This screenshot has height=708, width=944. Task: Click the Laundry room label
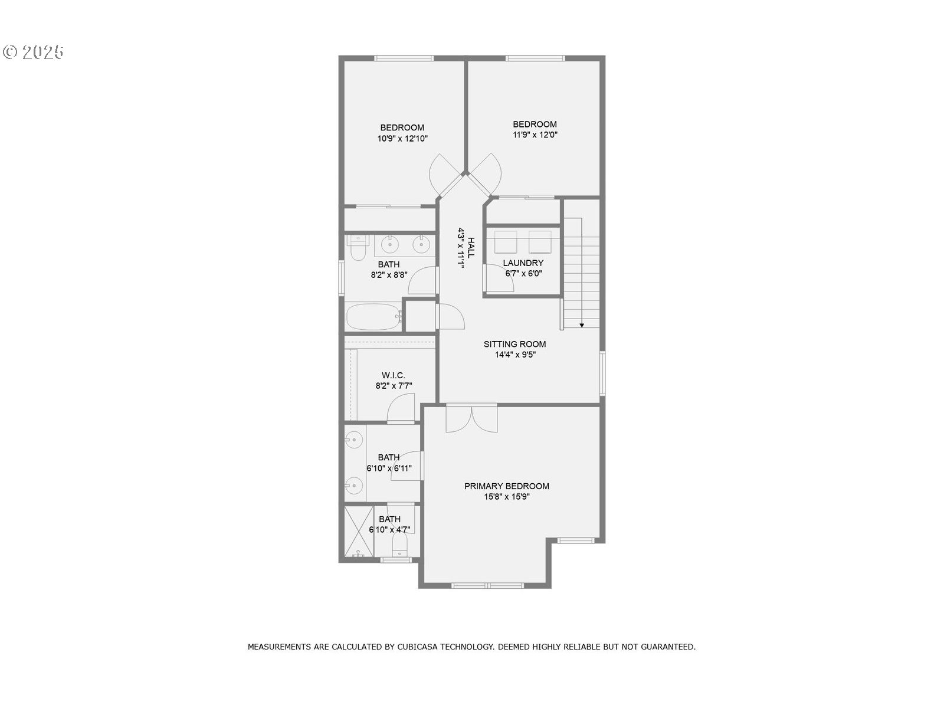523,263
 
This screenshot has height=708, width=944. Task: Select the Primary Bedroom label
506,486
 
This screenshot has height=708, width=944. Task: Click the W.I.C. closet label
393,375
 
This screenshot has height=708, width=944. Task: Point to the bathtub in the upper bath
373,317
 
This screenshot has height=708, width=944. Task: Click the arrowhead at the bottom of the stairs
582,324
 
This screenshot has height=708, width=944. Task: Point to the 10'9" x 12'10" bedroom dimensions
402,139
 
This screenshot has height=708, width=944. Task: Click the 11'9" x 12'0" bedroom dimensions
535,135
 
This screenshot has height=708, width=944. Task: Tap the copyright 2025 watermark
34,52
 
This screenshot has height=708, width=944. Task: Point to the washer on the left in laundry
506,242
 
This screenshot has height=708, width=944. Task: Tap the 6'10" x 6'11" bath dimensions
389,468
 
